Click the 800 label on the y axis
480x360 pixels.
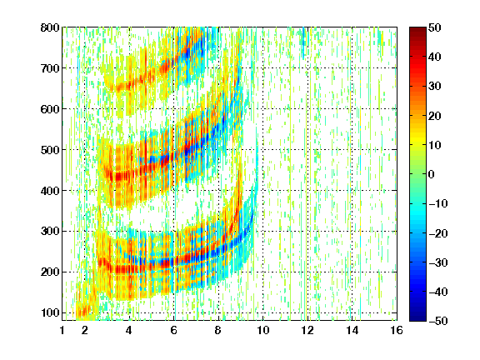[x=50, y=27]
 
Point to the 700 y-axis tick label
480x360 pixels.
[x=50, y=68]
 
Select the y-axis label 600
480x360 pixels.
[x=50, y=109]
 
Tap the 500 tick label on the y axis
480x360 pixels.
[x=50, y=150]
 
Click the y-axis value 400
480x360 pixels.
[x=50, y=191]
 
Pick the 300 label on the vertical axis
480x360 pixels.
[x=50, y=232]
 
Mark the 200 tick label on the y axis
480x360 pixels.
[x=50, y=272]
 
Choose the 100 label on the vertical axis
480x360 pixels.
[x=50, y=312]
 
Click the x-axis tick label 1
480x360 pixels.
[x=62, y=330]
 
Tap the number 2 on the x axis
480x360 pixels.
[x=85, y=330]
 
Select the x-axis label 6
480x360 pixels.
[x=174, y=330]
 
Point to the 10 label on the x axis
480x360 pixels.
[x=263, y=330]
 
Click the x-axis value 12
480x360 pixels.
[x=307, y=330]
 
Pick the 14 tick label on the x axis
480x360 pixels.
[x=352, y=330]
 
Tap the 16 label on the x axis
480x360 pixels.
[x=397, y=330]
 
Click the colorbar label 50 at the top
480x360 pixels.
[x=434, y=27]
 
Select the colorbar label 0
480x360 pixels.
[x=432, y=174]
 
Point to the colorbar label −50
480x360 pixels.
[x=437, y=321]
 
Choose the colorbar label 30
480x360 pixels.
[x=434, y=87]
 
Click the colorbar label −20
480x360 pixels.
[x=437, y=233]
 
